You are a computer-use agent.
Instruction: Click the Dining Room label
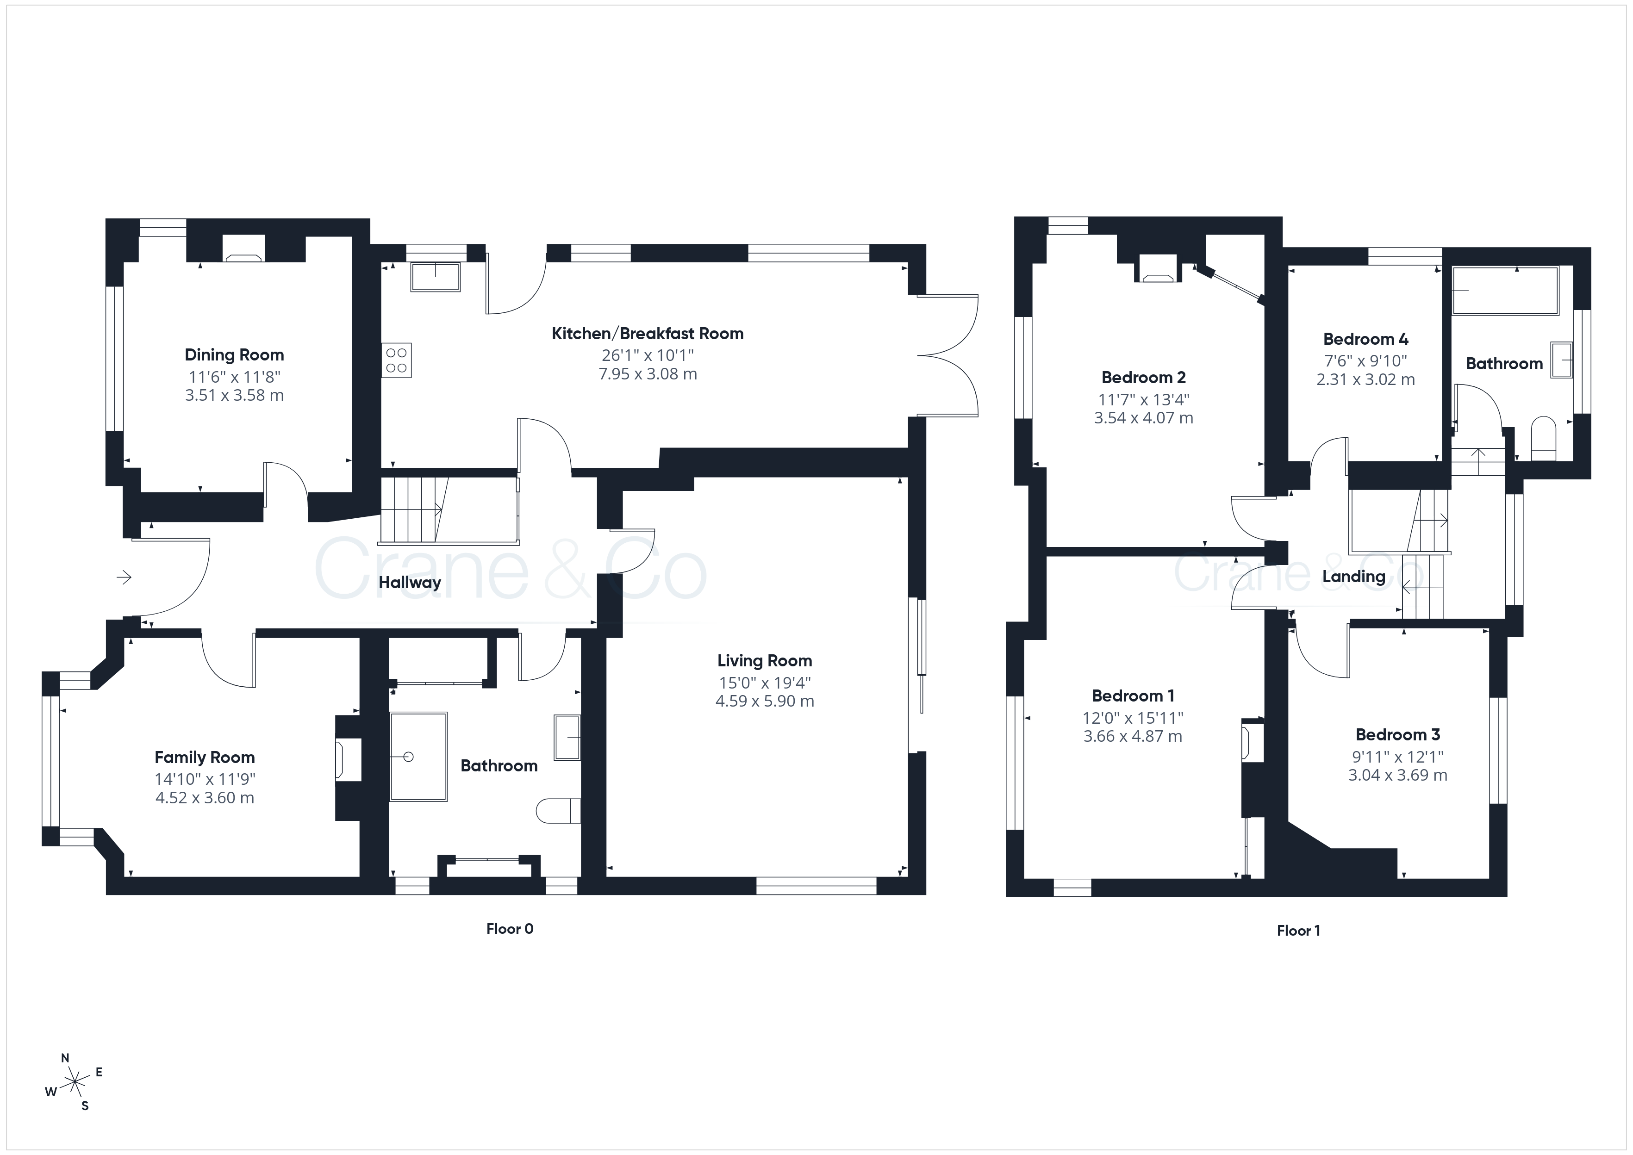pos(234,355)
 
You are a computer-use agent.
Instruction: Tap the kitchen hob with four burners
pos(397,360)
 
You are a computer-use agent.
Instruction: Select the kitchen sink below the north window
pos(435,277)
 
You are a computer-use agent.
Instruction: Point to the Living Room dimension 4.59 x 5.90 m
pos(765,701)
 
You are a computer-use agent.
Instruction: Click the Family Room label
pos(205,758)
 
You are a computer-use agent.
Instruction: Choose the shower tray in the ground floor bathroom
pos(418,757)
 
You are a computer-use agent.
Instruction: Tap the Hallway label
pos(410,583)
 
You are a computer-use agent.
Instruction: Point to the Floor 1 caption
pos(1299,931)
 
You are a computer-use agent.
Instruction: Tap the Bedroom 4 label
pos(1365,339)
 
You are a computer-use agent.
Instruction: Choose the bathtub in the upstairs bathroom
pos(1505,290)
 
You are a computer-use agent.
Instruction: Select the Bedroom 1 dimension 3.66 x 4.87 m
pos(1133,737)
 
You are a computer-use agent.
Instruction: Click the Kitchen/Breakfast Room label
pos(648,334)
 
